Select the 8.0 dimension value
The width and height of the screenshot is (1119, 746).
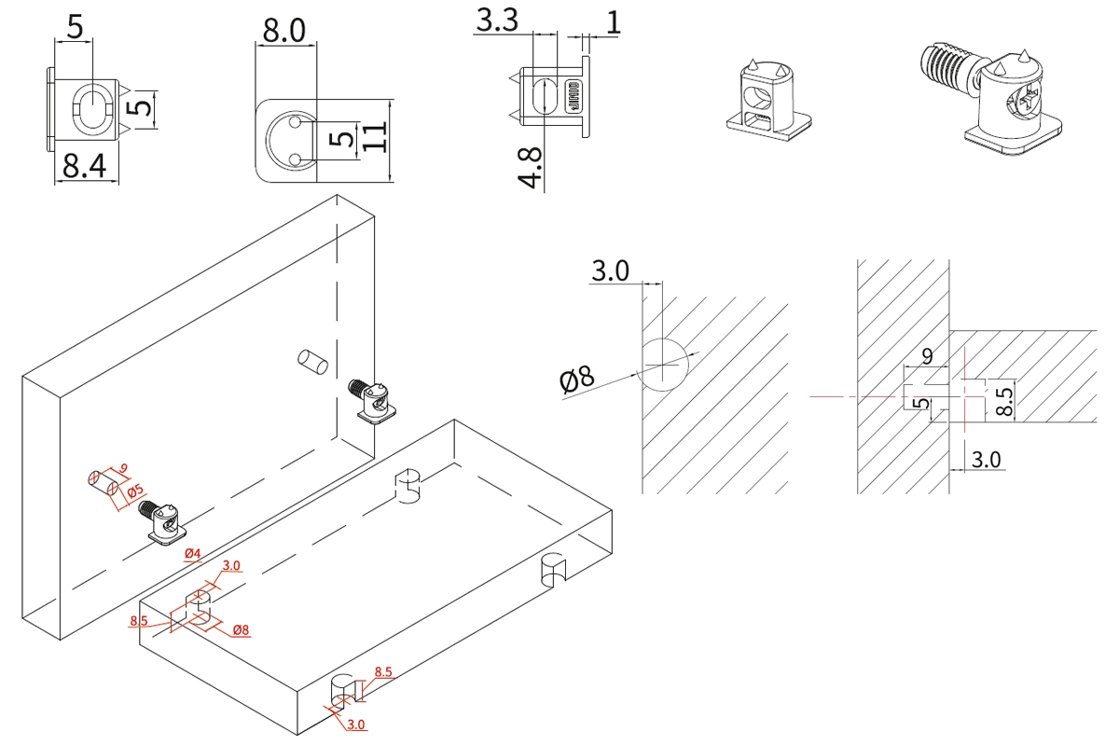[x=283, y=32]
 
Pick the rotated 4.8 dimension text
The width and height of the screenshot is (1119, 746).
[x=532, y=168]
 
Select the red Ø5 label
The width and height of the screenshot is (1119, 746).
[x=135, y=490]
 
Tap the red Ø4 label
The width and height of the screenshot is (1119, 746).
[x=193, y=555]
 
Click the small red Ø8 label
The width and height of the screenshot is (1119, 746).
[x=240, y=630]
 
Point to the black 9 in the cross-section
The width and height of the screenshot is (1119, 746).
[x=926, y=355]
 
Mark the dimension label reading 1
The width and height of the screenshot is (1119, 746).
[x=613, y=23]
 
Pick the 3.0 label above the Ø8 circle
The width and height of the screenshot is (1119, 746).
[x=610, y=271]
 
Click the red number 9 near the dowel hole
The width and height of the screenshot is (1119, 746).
[x=123, y=468]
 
